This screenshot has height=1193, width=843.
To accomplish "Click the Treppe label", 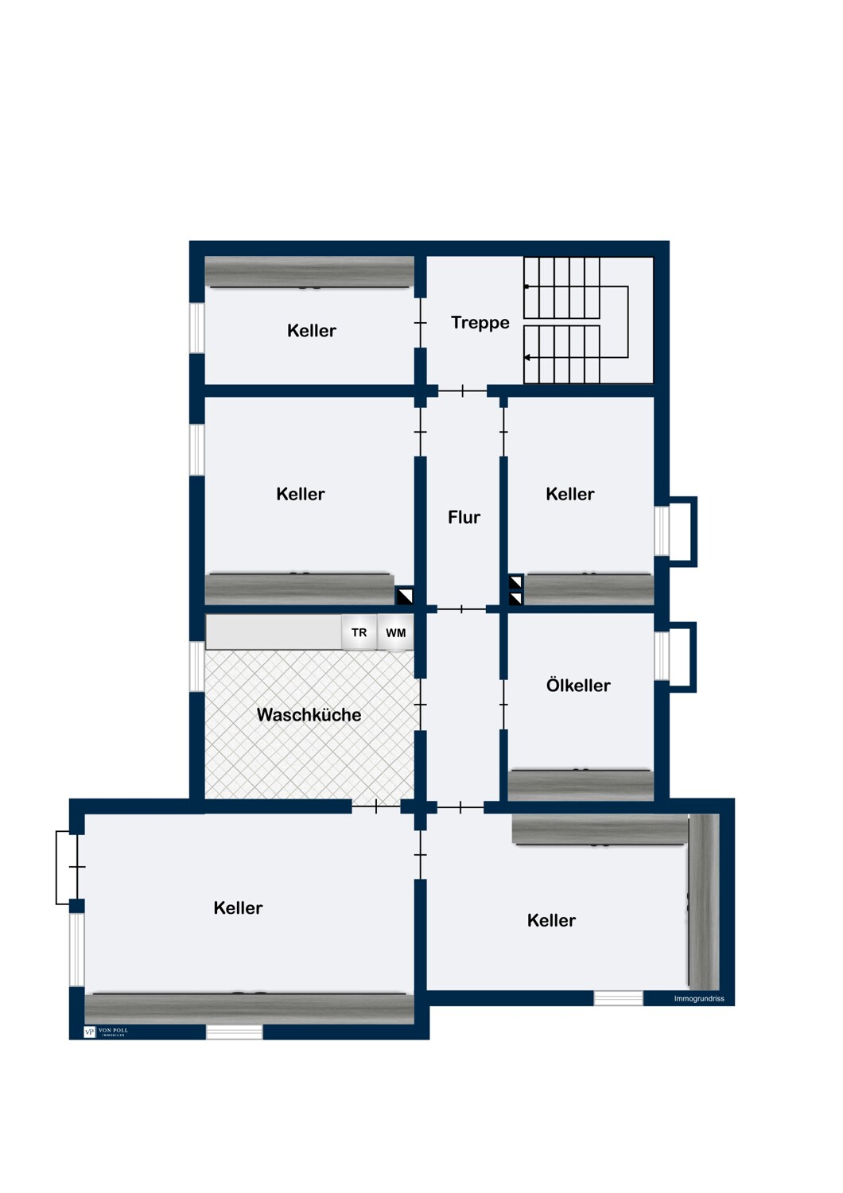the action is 480,323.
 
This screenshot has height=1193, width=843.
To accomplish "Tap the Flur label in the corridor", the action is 464,517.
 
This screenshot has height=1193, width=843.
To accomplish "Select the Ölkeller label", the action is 578,685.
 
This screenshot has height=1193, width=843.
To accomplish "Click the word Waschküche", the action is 309,714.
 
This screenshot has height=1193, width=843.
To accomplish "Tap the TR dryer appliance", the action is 359,632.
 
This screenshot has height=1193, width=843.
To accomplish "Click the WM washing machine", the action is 395,632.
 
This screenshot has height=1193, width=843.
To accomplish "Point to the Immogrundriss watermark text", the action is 699,999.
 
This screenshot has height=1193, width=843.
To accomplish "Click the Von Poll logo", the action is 106,1032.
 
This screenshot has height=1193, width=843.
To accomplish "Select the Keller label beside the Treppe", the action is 312,331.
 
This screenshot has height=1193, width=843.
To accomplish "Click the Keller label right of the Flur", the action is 569,494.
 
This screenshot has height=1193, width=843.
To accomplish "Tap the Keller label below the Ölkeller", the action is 551,920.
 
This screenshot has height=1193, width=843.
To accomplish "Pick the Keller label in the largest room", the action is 238,907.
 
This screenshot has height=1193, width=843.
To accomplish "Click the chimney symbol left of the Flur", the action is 404,596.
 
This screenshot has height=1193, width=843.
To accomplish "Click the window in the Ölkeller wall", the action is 662,655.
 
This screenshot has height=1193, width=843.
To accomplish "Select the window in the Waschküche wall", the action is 197,666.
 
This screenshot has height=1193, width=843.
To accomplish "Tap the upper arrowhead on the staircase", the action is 526,286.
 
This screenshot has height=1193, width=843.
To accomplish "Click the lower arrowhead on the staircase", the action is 526,357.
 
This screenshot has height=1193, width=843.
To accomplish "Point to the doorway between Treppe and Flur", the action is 462,391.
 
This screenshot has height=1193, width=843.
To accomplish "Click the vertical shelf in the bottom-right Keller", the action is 704,901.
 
